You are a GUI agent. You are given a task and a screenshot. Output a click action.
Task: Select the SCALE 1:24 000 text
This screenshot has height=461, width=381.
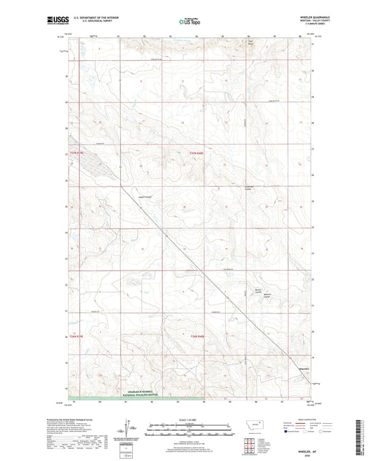click(x=189, y=419)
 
